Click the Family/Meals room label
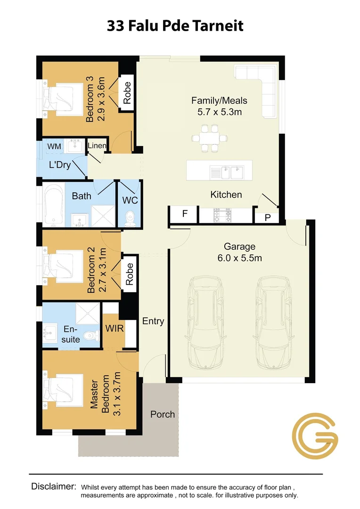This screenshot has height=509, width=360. (x=219, y=100)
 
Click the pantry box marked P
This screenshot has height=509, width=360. (x=268, y=217)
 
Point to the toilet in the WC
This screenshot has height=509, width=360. (x=130, y=217)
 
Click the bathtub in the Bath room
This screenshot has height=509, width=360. (x=54, y=204)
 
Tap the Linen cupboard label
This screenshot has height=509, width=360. (x=97, y=146)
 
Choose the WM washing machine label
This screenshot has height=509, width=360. (x=54, y=147)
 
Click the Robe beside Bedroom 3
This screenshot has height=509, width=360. (x=127, y=93)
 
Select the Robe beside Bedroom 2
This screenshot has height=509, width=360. (x=130, y=274)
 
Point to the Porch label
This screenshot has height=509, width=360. (x=163, y=414)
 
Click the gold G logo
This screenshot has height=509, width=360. (x=315, y=436)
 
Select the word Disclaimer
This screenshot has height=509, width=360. (x=54, y=486)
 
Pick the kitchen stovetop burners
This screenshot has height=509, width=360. (x=223, y=216)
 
